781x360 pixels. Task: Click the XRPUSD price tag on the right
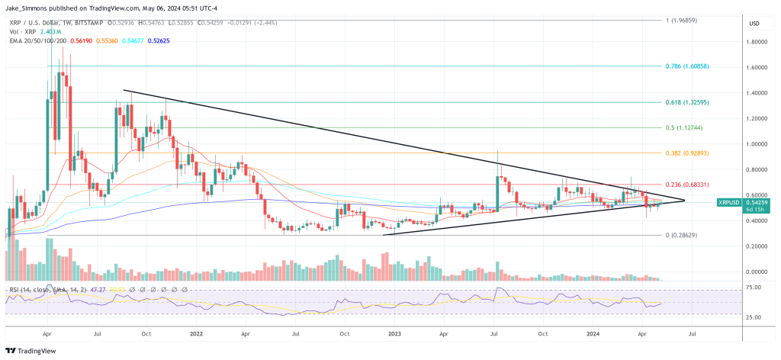click(731, 202)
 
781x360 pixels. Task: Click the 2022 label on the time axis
click(197, 333)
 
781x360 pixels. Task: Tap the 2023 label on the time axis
click(394, 333)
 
